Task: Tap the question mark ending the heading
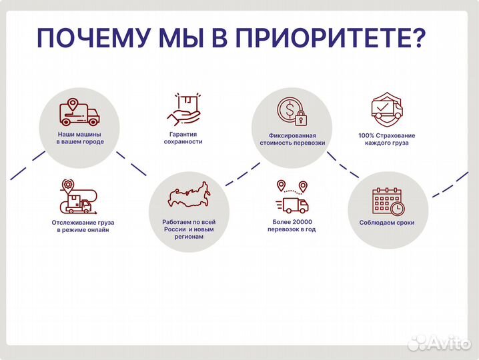pyautogui.click(x=414, y=38)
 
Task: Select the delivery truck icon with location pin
pyautogui.click(x=79, y=113)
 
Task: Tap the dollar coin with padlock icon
pyautogui.click(x=292, y=111)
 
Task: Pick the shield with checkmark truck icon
pyautogui.click(x=386, y=110)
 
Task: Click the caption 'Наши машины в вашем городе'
pyautogui.click(x=79, y=138)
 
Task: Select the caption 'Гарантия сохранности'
pyautogui.click(x=182, y=138)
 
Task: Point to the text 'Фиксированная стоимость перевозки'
pyautogui.click(x=292, y=139)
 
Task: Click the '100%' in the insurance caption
pyautogui.click(x=366, y=135)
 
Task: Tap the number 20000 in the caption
pyautogui.click(x=302, y=221)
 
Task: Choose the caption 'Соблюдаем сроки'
pyautogui.click(x=387, y=223)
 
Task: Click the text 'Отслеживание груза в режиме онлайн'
pyautogui.click(x=79, y=226)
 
